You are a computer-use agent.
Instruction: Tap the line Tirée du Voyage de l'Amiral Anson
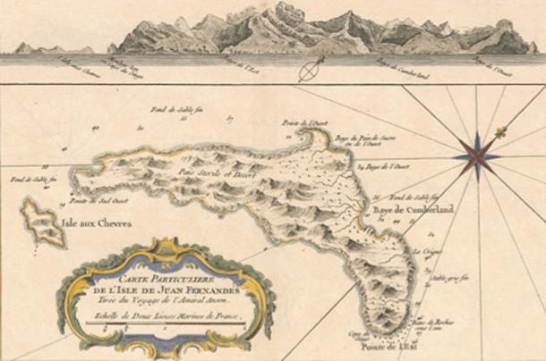(x=161, y=288)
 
